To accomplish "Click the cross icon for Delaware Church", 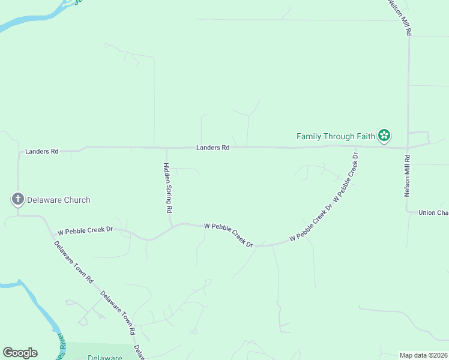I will tap(18, 199).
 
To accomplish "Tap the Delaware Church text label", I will tap(59, 200).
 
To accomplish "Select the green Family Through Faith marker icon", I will tap(384, 136).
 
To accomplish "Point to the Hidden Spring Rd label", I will tap(169, 188).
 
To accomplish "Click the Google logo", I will tap(20, 353).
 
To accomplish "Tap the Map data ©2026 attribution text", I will tap(423, 355).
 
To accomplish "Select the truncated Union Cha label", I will tap(433, 212).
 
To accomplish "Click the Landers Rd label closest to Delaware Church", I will tap(42, 152).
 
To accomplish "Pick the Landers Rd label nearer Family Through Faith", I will tap(213, 148).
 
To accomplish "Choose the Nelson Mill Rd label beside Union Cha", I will tap(407, 176).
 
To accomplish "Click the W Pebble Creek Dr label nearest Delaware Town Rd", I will tap(85, 230).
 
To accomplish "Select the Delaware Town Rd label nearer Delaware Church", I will tap(74, 262).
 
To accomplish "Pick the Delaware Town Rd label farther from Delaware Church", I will tap(118, 312).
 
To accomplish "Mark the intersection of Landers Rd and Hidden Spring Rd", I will tap(166, 148).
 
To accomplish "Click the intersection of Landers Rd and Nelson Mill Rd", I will tap(408, 147).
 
